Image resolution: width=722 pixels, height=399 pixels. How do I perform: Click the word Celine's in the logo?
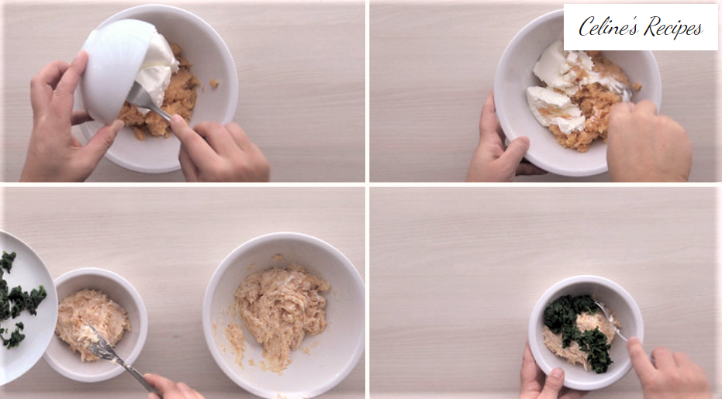click(608, 26)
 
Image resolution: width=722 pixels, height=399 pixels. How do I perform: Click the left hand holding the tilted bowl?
click(64, 119)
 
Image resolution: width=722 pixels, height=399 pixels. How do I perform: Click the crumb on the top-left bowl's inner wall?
click(214, 84)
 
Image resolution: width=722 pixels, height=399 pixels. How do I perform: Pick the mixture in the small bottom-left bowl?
click(92, 322)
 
